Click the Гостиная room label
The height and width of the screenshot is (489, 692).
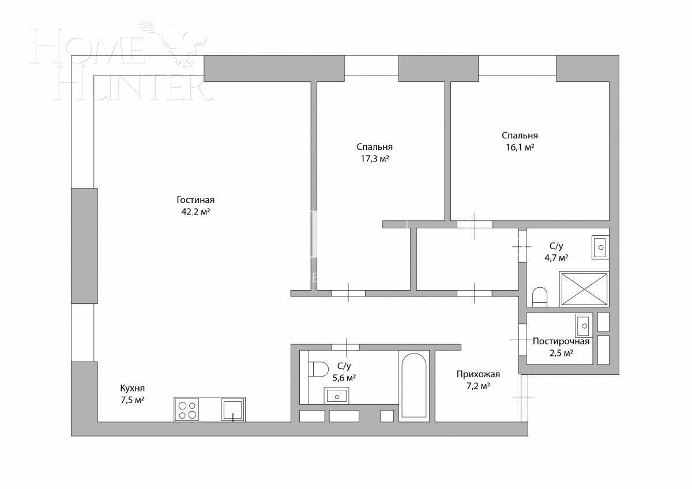pos(195,200)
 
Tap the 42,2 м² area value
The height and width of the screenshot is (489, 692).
pos(195,212)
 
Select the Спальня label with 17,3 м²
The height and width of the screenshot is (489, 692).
pos(374,147)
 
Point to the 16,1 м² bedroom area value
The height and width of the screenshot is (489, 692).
pos(519,147)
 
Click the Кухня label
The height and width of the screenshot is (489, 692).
pos(132,388)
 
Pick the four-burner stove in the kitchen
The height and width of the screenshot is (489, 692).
pos(187,409)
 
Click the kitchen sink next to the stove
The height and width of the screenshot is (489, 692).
pos(233,409)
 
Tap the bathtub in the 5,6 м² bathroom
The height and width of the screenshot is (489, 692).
pos(413,385)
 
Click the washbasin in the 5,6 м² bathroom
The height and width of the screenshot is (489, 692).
pos(336,396)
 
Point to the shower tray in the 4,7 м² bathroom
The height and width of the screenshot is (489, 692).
pos(584,288)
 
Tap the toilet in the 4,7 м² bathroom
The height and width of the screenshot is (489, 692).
pos(539,296)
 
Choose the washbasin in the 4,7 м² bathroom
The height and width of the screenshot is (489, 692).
pos(600,247)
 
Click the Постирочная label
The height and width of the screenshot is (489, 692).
pos(561,341)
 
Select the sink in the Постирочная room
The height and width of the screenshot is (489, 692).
pos(584,325)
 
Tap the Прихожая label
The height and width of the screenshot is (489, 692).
pos(478,374)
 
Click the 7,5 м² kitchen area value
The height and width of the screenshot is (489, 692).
pos(132,400)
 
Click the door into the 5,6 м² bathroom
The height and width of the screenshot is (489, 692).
pos(345,347)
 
